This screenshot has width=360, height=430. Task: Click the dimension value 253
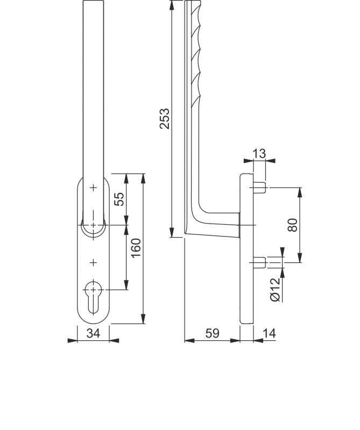tap(165, 118)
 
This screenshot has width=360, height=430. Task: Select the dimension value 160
tap(136, 248)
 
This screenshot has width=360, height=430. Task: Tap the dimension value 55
tap(119, 199)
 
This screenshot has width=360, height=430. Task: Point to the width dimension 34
tap(94, 333)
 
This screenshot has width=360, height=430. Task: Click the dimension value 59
tap(213, 333)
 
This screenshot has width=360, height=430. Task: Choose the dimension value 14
tap(269, 333)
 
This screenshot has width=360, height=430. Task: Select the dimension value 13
tap(259, 154)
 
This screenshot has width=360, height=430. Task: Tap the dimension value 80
tap(293, 225)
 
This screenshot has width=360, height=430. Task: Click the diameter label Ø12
tap(276, 290)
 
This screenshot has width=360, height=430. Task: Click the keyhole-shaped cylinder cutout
tap(94, 297)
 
